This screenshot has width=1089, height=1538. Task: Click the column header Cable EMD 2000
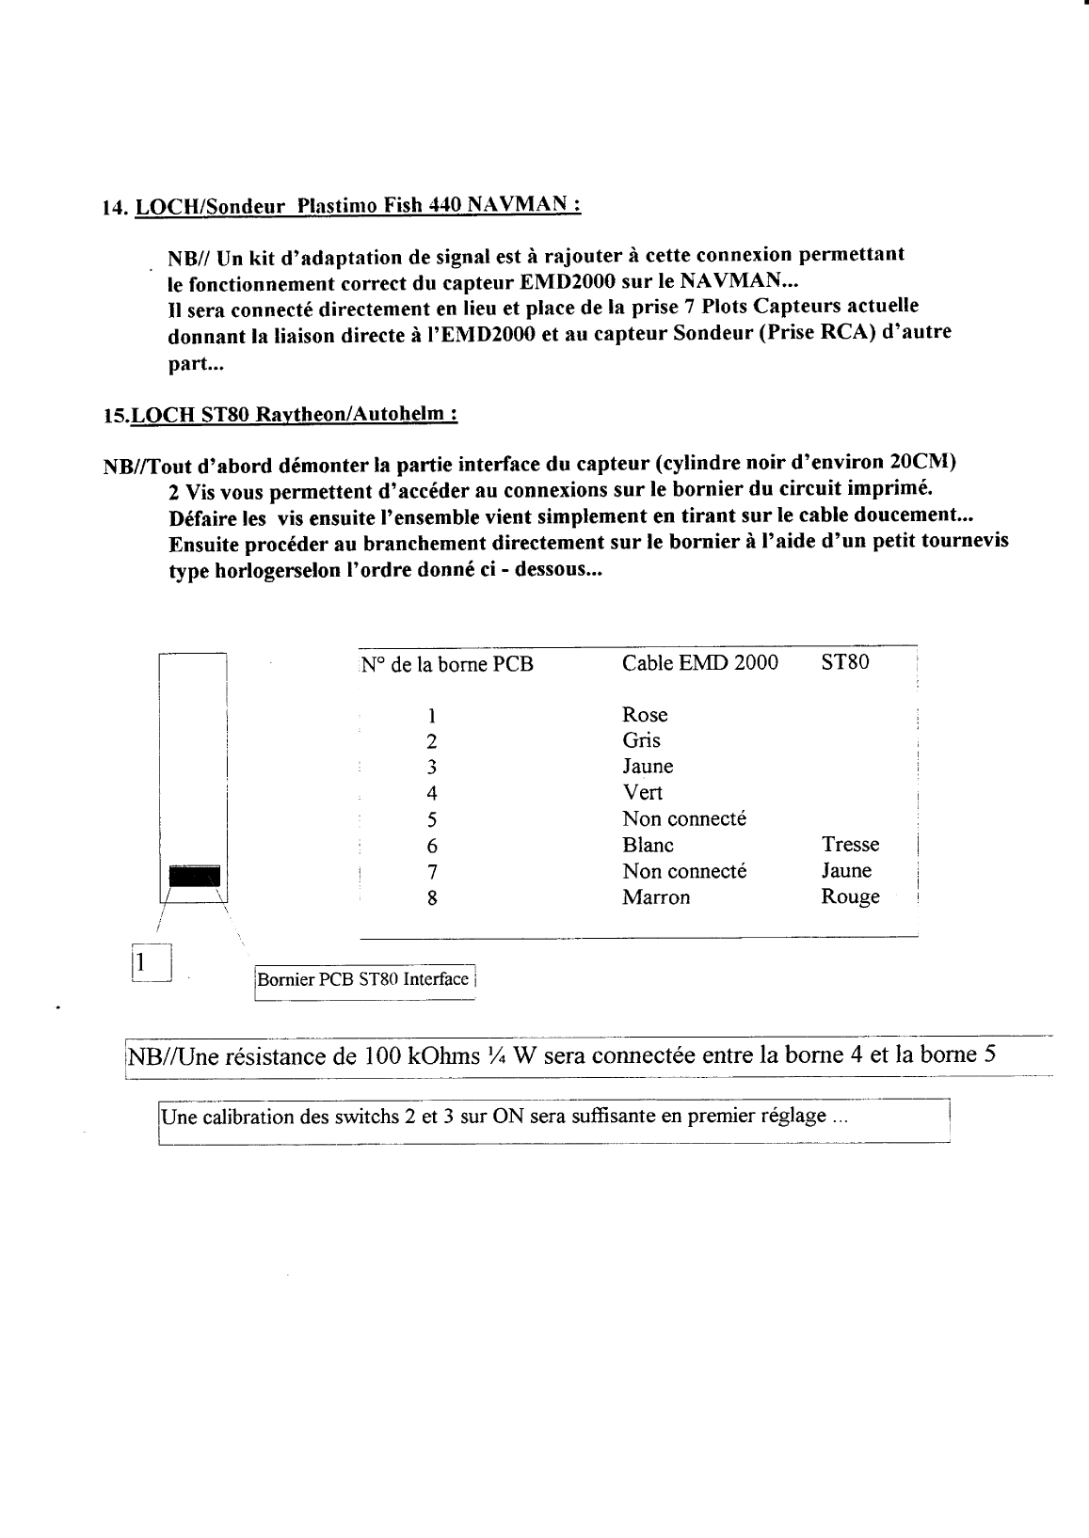click(700, 662)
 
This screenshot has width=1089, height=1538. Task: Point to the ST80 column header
click(844, 662)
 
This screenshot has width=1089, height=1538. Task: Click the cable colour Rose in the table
click(645, 715)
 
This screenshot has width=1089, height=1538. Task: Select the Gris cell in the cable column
click(641, 740)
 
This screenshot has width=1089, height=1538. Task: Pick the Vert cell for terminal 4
click(642, 793)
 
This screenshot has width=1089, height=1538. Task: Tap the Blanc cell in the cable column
click(648, 845)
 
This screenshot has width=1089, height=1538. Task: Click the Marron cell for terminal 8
click(656, 897)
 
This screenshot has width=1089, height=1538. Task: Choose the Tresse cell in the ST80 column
click(850, 845)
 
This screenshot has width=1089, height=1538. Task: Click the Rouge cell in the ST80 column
click(850, 897)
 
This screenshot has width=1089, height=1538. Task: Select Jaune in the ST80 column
click(846, 871)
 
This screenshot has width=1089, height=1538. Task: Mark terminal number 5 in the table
click(432, 819)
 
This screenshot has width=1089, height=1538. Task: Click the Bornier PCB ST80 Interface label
click(363, 979)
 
